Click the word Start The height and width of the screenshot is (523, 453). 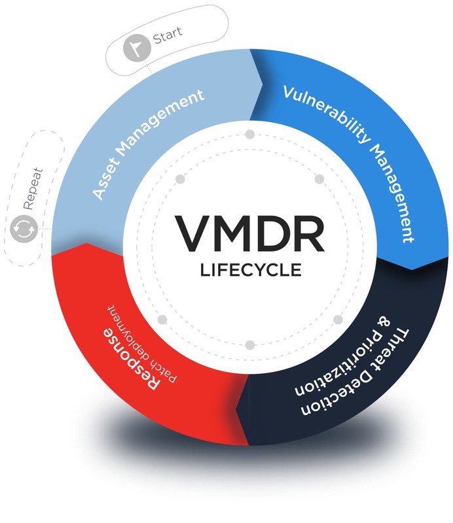[x=168, y=33]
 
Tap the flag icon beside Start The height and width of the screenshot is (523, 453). [x=136, y=48]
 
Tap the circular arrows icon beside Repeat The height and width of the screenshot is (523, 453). [x=24, y=229]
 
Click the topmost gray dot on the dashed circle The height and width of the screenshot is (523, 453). [x=249, y=135]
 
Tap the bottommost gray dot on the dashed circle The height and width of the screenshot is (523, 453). [x=249, y=345]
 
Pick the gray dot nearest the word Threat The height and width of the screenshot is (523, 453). [x=338, y=320]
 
